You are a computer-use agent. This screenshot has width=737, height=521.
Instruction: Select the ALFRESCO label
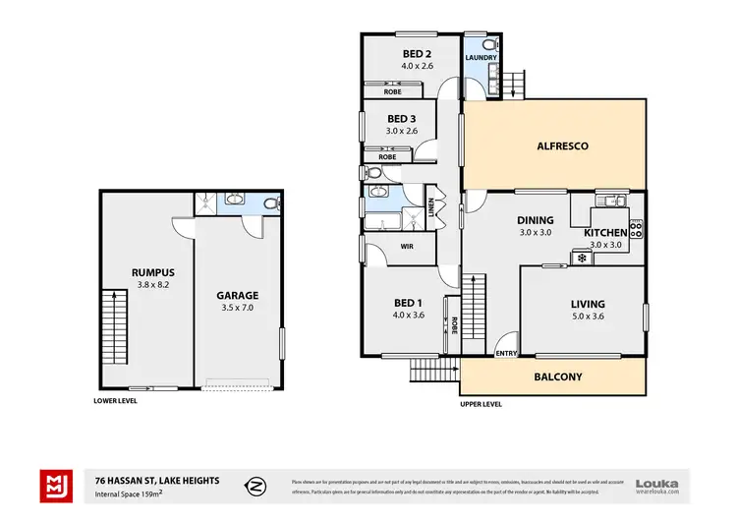point(562,146)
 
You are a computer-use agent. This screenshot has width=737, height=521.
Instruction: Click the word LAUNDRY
point(482,58)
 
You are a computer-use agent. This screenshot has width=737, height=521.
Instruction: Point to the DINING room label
point(537,220)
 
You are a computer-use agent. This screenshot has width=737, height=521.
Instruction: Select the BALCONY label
point(557,376)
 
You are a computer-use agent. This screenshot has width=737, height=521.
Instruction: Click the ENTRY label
point(506,353)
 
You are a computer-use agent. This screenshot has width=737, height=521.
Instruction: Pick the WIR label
point(405,247)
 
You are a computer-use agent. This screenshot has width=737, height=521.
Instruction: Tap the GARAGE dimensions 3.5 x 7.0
point(237,308)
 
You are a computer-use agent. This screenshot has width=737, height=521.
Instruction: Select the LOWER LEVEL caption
point(115,401)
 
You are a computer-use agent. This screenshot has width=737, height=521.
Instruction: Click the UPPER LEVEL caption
point(482,404)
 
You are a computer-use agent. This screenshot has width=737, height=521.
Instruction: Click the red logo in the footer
point(55,485)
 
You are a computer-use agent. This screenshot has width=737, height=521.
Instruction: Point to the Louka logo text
point(657,482)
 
